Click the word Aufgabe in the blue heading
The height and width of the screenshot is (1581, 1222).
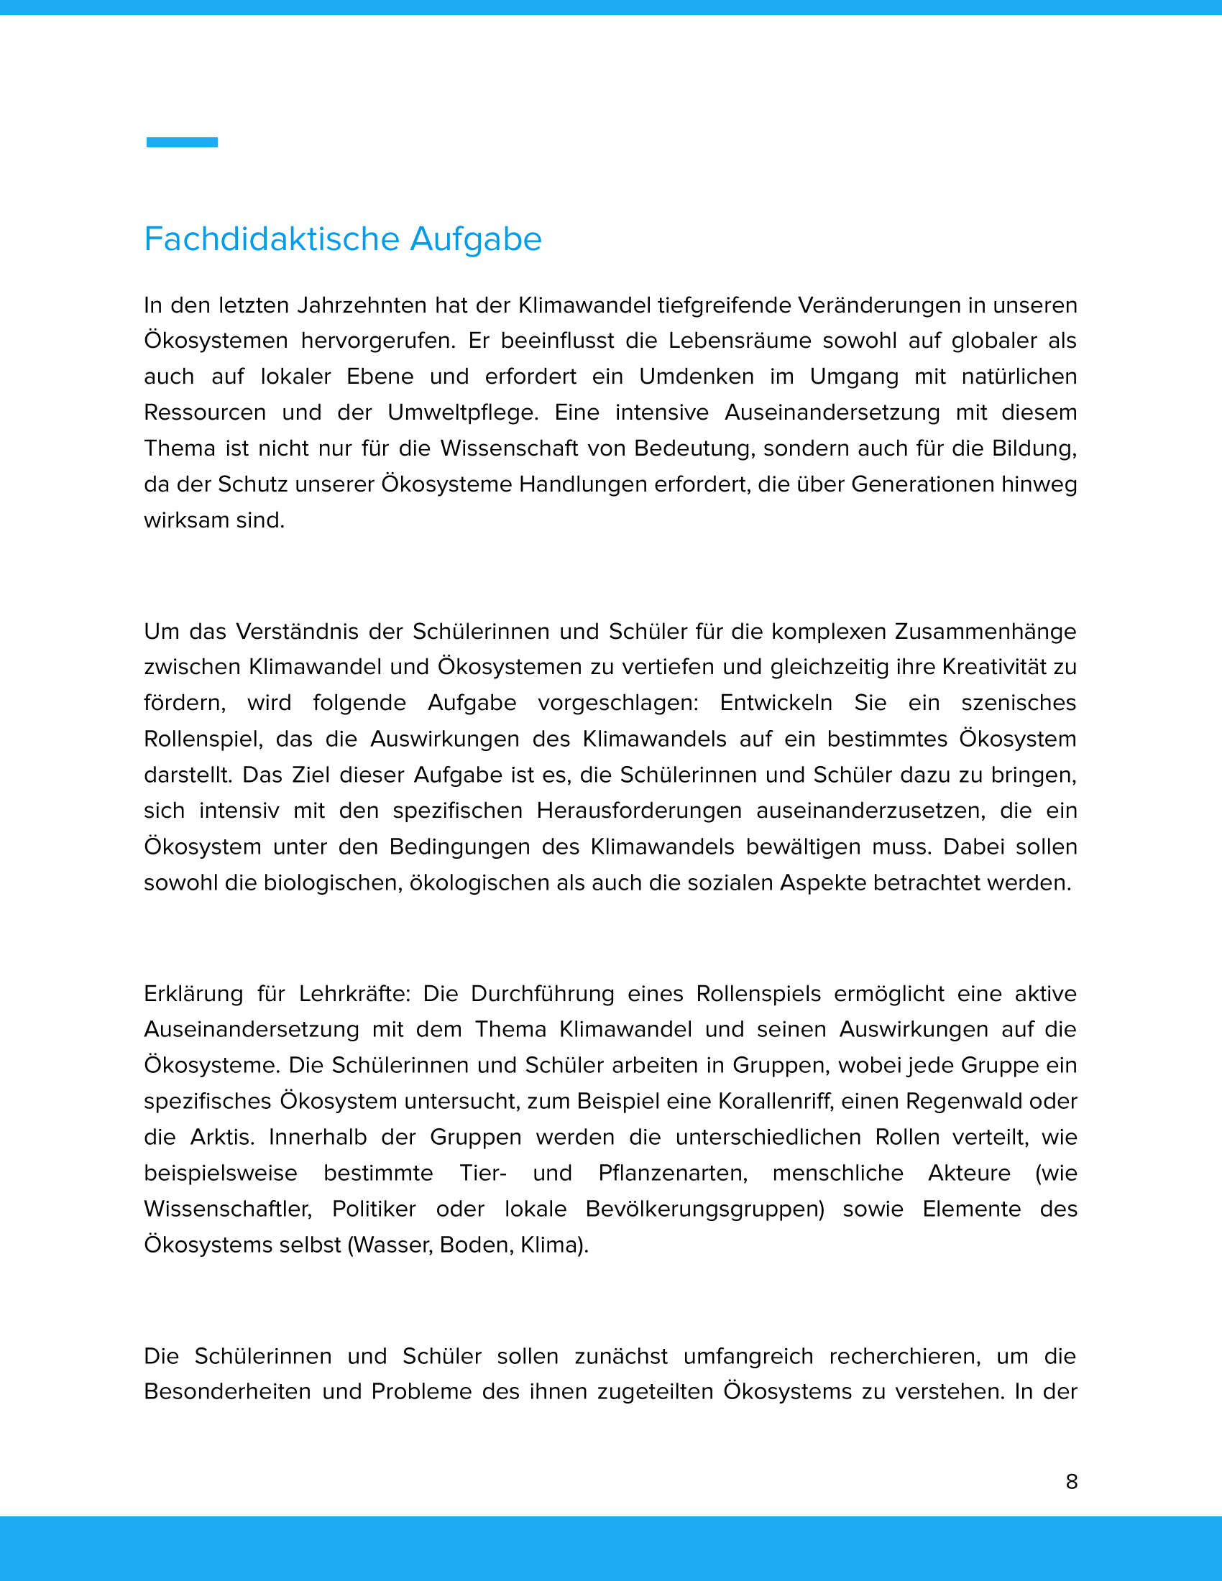[x=475, y=239]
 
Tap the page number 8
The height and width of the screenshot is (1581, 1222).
[x=1072, y=1482]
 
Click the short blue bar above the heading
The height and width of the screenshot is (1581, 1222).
[x=182, y=142]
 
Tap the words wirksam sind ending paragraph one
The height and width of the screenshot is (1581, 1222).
[x=214, y=520]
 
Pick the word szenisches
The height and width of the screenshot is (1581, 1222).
[x=1018, y=703]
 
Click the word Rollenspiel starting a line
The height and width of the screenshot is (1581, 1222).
[x=202, y=739]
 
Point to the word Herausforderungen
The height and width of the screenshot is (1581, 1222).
[x=638, y=811]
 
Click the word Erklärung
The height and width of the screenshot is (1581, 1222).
[x=193, y=993]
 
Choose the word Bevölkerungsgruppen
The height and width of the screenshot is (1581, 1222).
[x=704, y=1209]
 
